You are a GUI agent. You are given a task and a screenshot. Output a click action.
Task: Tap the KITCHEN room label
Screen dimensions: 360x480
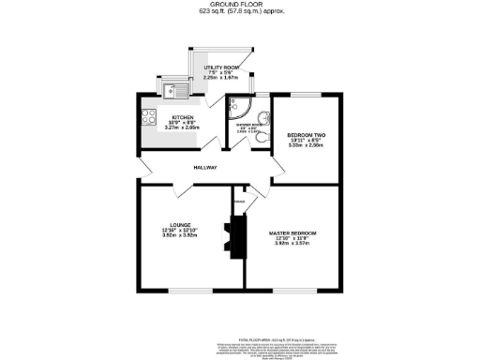tap(182, 117)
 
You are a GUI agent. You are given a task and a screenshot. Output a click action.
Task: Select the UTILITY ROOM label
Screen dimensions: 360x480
tap(222, 67)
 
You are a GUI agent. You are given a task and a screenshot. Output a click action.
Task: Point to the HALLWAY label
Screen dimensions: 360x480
tap(205, 168)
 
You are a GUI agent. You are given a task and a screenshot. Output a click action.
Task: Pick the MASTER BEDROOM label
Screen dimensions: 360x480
tap(292, 232)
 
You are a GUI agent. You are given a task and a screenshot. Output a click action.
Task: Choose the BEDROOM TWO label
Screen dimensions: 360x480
tap(305, 135)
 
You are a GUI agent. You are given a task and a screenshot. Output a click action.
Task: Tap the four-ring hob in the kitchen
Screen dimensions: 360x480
tap(147, 118)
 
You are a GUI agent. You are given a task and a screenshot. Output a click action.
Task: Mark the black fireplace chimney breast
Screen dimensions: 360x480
tap(234, 237)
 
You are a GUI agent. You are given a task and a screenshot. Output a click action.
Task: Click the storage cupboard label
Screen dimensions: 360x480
tap(239, 201)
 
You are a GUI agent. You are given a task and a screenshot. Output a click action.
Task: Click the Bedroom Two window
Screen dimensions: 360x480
tap(306, 94)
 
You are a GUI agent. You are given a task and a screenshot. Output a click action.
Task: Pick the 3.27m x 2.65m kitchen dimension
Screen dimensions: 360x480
tap(182, 128)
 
